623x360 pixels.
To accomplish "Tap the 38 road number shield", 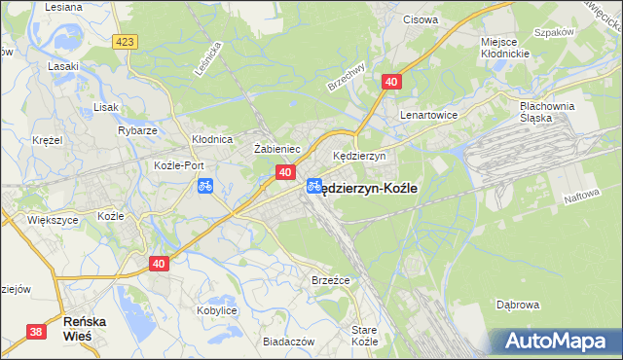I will tap(37, 333).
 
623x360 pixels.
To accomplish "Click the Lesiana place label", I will tap(64, 6).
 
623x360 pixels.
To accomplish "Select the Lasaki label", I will tap(63, 67).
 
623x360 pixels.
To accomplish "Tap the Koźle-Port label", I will tap(177, 165).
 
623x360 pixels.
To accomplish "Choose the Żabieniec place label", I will tap(276, 149).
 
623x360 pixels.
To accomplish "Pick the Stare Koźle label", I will tap(364, 337).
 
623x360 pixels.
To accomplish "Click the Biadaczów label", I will tap(289, 342).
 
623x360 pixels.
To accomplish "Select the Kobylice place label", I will tap(217, 310).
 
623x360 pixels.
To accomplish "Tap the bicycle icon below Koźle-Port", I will tap(204, 185).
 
